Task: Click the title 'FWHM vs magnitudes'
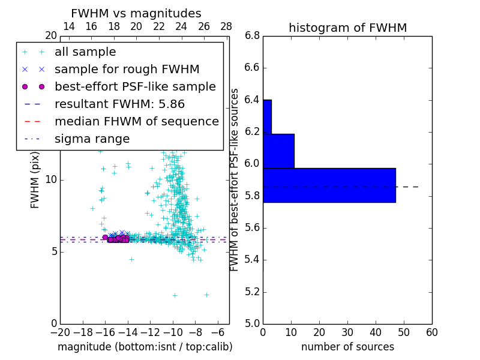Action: [x=136, y=13]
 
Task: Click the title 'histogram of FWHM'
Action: [x=347, y=28]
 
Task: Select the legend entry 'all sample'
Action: [x=85, y=52]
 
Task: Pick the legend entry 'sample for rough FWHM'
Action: [x=127, y=70]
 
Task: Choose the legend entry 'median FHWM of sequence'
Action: [x=136, y=121]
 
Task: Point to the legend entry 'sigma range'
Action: [x=92, y=139]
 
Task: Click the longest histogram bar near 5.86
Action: [x=329, y=185]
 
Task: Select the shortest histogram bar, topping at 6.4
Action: [x=267, y=116]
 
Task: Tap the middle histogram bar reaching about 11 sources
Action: [x=278, y=151]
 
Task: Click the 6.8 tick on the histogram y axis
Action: [x=252, y=36]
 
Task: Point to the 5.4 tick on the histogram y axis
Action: [x=252, y=260]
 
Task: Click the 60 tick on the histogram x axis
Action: [x=431, y=332]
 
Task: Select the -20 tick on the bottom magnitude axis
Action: [x=60, y=332]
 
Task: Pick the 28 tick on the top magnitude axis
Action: [x=226, y=26]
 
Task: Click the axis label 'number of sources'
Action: [x=347, y=347]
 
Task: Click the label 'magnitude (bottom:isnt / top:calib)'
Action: [x=145, y=347]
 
